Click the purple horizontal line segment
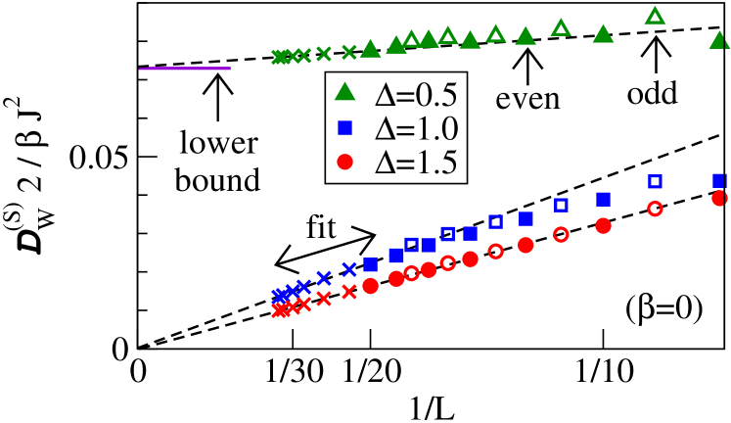pyautogui.click(x=185, y=69)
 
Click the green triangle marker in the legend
pyautogui.click(x=344, y=93)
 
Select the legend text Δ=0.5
pyautogui.click(x=416, y=93)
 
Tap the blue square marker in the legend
pyautogui.click(x=344, y=127)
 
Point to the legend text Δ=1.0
pyautogui.click(x=416, y=128)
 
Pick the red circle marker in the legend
pyautogui.click(x=344, y=162)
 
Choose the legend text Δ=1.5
pyautogui.click(x=416, y=163)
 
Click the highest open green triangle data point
pyautogui.click(x=655, y=16)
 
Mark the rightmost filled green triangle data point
pyautogui.click(x=719, y=40)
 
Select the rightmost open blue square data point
pyautogui.click(x=655, y=181)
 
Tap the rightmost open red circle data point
pyautogui.click(x=655, y=209)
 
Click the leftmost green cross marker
pyautogui.click(x=278, y=58)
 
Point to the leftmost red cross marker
pyautogui.click(x=278, y=310)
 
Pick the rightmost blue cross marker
pyautogui.click(x=349, y=269)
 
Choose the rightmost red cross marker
pyautogui.click(x=349, y=291)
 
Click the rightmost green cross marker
pyautogui.click(x=349, y=52)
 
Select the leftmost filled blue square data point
pyautogui.click(x=370, y=264)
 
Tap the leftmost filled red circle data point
pyautogui.click(x=370, y=286)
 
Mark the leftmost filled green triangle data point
pyautogui.click(x=370, y=48)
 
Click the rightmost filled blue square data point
pyautogui.click(x=719, y=180)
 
